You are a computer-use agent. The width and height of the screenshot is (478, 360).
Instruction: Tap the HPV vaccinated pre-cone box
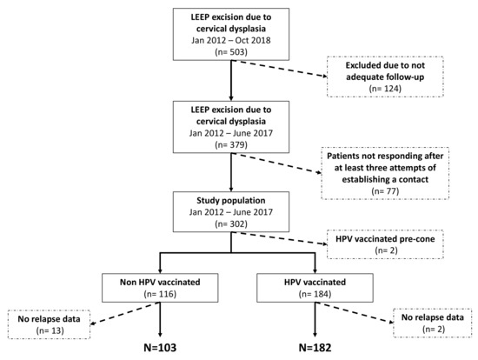380,241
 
